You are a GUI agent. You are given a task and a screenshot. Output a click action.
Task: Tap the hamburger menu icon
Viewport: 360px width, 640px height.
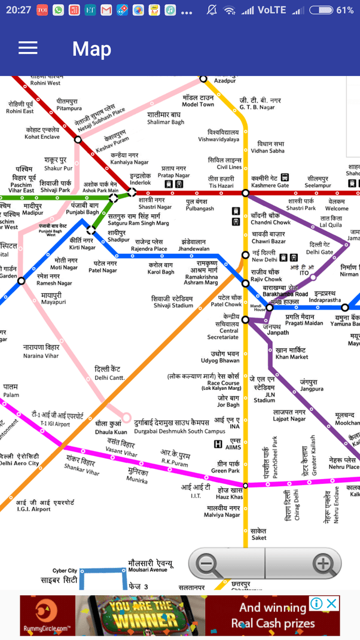28,48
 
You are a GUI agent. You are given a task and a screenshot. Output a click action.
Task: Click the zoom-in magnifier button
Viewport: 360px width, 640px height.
323,563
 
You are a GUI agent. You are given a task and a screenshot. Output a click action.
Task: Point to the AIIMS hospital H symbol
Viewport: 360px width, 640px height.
219,444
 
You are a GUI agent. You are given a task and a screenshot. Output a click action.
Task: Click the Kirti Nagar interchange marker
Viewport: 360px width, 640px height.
91,230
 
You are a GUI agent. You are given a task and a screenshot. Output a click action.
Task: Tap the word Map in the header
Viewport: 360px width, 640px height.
91,48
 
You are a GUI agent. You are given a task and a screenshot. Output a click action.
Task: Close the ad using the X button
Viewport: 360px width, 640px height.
331,604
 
